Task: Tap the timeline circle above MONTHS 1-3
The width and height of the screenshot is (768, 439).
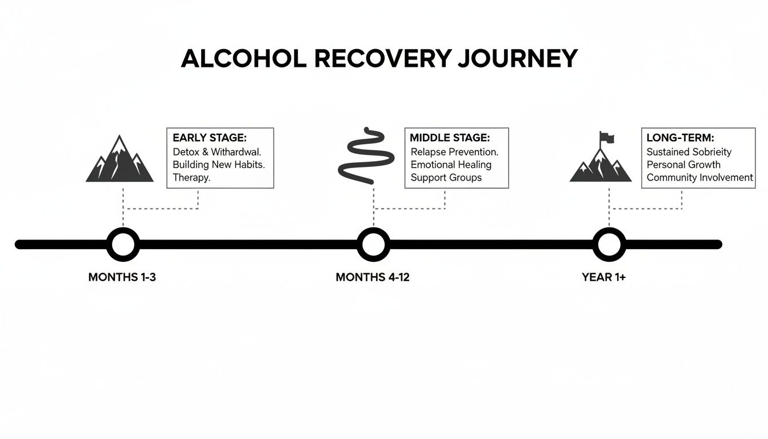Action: (x=123, y=245)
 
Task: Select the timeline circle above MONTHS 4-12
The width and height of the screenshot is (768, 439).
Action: (x=373, y=245)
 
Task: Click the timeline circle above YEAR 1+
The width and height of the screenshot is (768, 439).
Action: (x=609, y=245)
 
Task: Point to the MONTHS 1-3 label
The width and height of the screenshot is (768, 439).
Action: (x=122, y=277)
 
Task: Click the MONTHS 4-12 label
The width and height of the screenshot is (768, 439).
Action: (x=373, y=277)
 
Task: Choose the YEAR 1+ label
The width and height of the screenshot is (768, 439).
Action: (x=604, y=277)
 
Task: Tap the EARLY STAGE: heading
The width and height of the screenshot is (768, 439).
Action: (x=209, y=138)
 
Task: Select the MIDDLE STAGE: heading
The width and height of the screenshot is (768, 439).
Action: (x=450, y=138)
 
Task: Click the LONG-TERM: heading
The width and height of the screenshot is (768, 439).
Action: (x=681, y=138)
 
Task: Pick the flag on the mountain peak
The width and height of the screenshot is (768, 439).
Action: (x=607, y=138)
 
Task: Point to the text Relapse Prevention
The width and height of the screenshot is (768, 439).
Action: (x=454, y=152)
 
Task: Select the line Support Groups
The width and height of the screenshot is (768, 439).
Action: (x=446, y=177)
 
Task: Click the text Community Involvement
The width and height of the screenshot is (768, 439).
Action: (x=699, y=177)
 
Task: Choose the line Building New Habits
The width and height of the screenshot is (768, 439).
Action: (x=219, y=165)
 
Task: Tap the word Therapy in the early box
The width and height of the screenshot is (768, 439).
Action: (x=191, y=177)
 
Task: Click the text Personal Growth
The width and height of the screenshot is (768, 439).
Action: (x=683, y=165)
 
